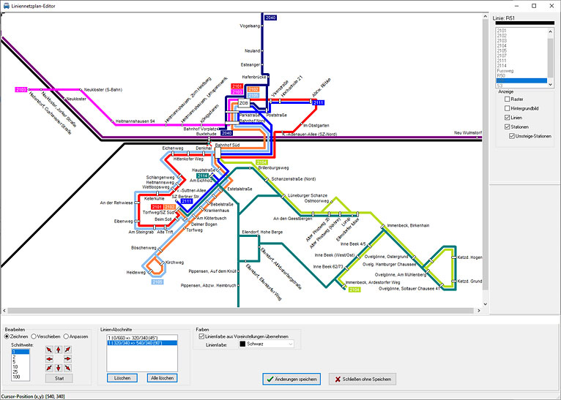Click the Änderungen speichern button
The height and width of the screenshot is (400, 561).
[292, 379]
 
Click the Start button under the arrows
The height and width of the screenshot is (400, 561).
[59, 379]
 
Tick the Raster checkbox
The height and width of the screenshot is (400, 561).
[508, 99]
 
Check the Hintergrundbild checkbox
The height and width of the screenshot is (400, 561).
[508, 108]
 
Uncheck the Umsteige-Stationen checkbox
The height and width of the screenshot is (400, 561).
[512, 136]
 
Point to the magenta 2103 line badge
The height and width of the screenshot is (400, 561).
[21, 89]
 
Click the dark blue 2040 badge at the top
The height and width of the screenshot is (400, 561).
[270, 16]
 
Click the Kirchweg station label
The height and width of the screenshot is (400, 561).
[175, 262]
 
